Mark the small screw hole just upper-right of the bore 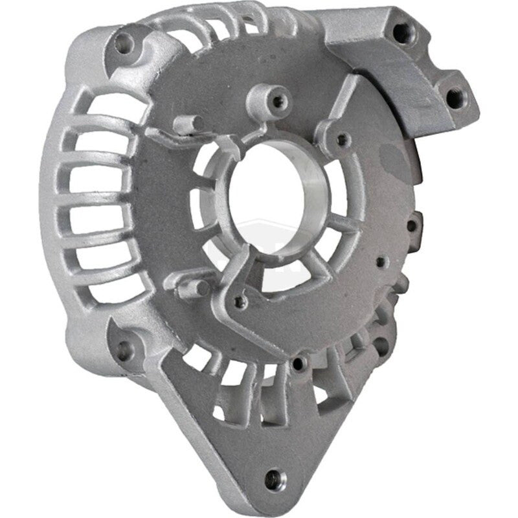click(342, 139)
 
